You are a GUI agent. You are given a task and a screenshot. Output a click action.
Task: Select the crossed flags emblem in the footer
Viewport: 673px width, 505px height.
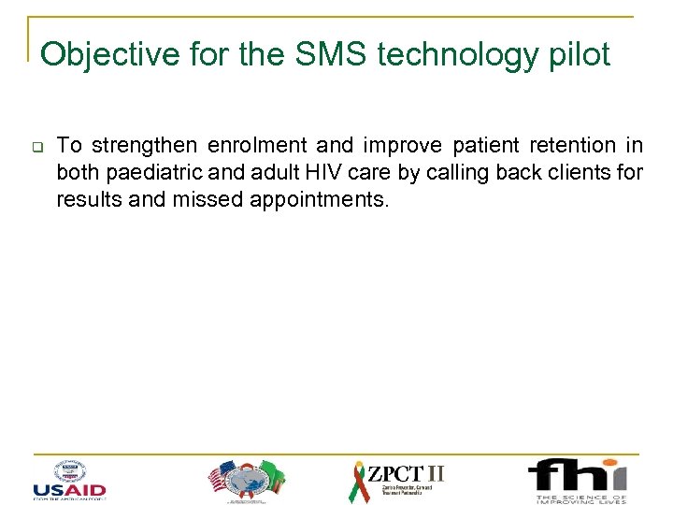pos(243,480)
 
